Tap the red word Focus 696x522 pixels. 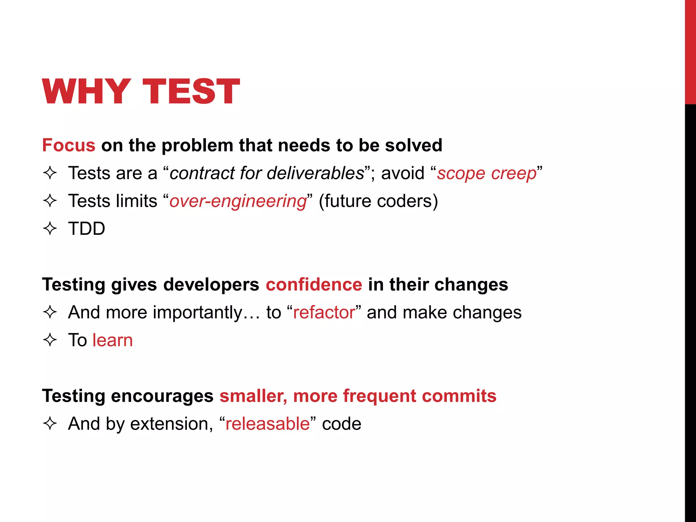(x=69, y=145)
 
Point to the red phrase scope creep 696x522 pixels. (x=487, y=173)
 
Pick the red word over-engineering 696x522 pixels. (x=238, y=201)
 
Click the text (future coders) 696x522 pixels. (x=378, y=201)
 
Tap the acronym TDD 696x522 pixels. (x=87, y=229)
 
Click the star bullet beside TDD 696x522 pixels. (x=50, y=229)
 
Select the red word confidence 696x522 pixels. (x=314, y=284)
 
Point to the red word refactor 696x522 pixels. (x=324, y=312)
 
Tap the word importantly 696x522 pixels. (x=197, y=312)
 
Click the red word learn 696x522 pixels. (x=112, y=340)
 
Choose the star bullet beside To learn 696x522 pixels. (x=50, y=340)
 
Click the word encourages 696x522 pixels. (x=162, y=396)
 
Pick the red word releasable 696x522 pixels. (x=267, y=424)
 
